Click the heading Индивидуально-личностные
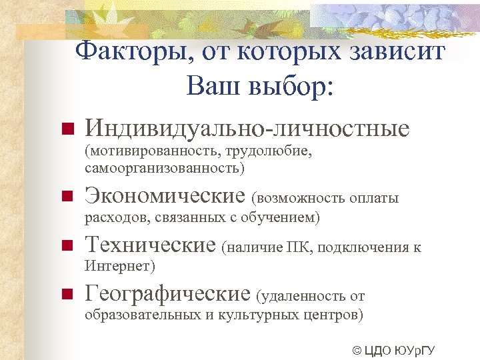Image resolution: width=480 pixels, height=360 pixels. [x=247, y=128]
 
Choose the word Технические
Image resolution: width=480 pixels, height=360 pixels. [x=151, y=246]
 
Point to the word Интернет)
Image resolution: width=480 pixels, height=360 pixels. [x=120, y=266]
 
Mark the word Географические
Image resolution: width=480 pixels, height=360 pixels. [x=168, y=293]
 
